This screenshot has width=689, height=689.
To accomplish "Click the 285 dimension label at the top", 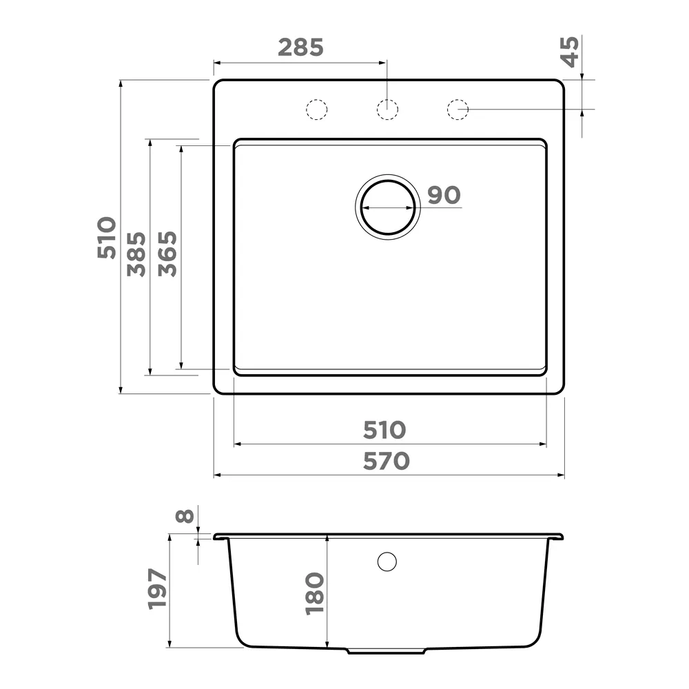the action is pyautogui.click(x=300, y=48).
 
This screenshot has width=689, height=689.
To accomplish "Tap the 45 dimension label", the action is pyautogui.click(x=570, y=52).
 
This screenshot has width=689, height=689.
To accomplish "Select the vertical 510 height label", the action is pyautogui.click(x=107, y=237).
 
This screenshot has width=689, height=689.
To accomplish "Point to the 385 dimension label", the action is pyautogui.click(x=136, y=254).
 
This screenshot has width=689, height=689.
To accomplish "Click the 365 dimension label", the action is pyautogui.click(x=167, y=254).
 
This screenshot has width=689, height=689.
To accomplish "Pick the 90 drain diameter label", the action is pyautogui.click(x=444, y=195).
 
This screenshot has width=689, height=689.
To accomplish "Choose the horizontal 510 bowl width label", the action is pyautogui.click(x=384, y=430).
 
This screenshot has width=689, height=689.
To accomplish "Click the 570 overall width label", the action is pyautogui.click(x=387, y=461).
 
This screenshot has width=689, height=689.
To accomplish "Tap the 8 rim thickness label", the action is pyautogui.click(x=185, y=516).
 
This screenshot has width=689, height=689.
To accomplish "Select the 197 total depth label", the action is pyautogui.click(x=157, y=589).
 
